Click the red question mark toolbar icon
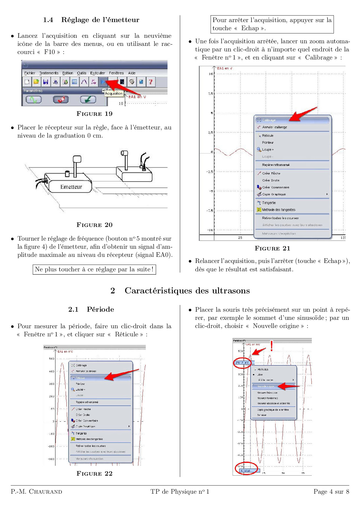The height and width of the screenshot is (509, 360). [x=150, y=82]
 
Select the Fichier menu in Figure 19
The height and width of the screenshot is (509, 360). [x=30, y=73]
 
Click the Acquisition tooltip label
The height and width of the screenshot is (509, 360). [x=114, y=93]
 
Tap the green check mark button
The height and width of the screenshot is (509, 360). [x=88, y=100]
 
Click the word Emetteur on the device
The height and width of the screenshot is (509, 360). [x=71, y=187]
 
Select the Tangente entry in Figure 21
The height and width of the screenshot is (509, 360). [x=269, y=203]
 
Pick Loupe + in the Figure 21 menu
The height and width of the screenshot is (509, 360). [x=268, y=149]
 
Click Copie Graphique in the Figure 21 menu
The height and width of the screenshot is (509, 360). [x=274, y=194]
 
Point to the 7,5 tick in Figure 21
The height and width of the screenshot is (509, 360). [x=210, y=93]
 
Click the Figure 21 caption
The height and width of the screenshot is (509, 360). [x=272, y=248]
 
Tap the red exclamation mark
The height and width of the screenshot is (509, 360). [x=271, y=346]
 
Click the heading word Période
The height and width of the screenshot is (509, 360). [x=100, y=309]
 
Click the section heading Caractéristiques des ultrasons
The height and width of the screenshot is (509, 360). [x=187, y=290]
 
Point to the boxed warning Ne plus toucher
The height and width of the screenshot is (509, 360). [x=94, y=269]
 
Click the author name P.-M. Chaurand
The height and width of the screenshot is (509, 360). [x=37, y=492]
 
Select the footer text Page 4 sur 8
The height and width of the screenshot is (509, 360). [x=331, y=492]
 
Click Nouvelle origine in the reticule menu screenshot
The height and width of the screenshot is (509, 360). [x=266, y=387]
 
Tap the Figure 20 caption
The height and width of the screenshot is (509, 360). [x=94, y=225]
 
